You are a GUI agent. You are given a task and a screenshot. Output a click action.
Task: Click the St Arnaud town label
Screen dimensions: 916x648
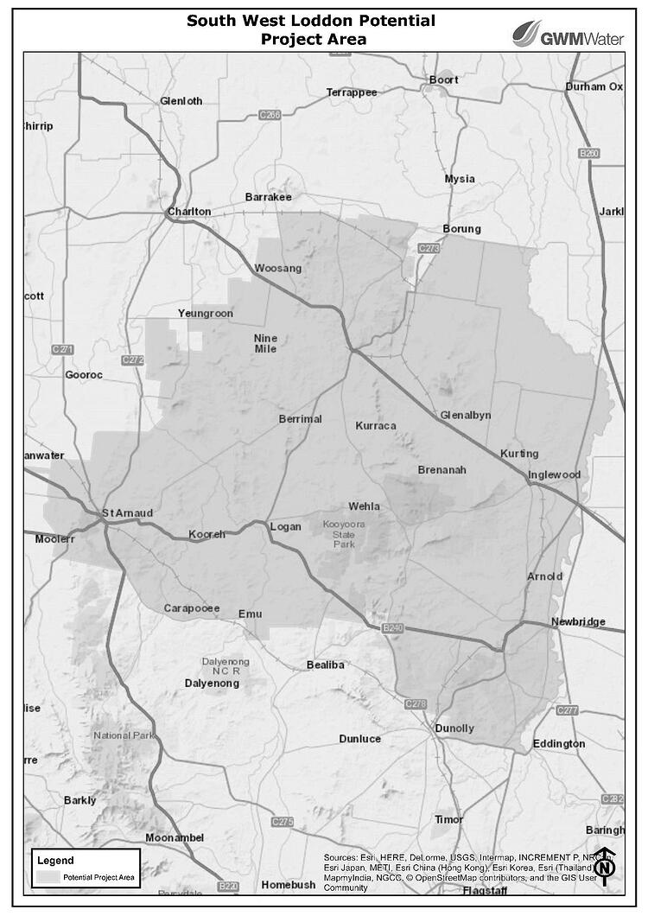click(x=127, y=513)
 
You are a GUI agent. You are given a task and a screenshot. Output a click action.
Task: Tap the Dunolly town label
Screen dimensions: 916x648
click(x=454, y=728)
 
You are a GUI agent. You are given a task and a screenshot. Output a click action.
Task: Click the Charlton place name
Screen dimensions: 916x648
click(x=189, y=212)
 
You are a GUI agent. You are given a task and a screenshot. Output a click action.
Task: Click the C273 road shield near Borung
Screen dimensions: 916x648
click(x=430, y=249)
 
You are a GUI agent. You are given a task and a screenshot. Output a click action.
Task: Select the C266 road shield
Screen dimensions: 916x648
click(x=270, y=114)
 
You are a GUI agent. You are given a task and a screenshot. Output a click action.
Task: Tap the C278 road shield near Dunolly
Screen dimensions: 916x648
click(x=416, y=704)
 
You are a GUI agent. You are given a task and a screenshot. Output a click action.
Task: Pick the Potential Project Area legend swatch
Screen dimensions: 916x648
click(x=48, y=877)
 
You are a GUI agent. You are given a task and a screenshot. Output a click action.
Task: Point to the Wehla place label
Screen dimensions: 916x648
click(x=364, y=506)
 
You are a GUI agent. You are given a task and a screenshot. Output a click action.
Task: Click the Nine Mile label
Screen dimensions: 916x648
click(x=265, y=344)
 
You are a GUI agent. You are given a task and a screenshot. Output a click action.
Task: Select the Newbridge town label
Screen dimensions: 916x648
click(x=579, y=621)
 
